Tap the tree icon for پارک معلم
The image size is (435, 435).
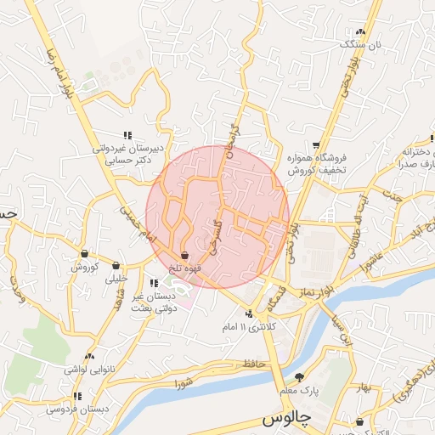tap(299, 377)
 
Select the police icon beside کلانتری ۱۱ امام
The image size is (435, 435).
tap(249, 314)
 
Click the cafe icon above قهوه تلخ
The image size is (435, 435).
tap(185, 255)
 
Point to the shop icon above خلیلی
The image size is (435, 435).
tap(115, 265)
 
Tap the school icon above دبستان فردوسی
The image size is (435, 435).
tap(78, 396)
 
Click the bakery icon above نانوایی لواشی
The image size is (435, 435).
tap(89, 357)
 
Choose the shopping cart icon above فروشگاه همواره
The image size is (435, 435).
tap(316, 145)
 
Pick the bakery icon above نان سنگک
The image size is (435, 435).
tap(361, 31)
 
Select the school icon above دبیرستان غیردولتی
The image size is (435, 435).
tap(127, 135)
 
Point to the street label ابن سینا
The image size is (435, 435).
tap(342, 330)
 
